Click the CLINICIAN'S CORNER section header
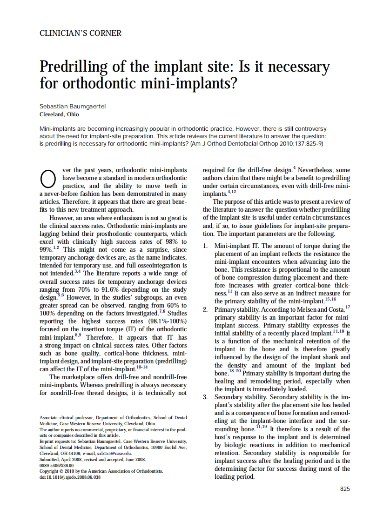pyautogui.click(x=81, y=33)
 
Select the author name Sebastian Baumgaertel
pyautogui.click(x=73, y=107)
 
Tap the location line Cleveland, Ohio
pyautogui.click(x=59, y=114)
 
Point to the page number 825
pyautogui.click(x=345, y=489)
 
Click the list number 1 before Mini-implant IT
pyautogui.click(x=205, y=246)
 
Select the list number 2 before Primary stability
pyautogui.click(x=205, y=309)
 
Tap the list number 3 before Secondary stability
pyautogui.click(x=205, y=397)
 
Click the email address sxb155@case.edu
pyautogui.click(x=112, y=453)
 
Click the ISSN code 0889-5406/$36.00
pyautogui.click(x=56, y=465)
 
